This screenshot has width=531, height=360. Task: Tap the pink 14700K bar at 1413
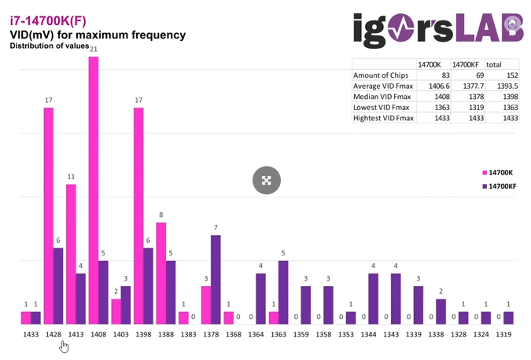point(71,254)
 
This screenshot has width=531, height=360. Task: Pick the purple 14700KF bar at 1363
point(283,292)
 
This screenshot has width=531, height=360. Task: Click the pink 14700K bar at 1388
point(161,273)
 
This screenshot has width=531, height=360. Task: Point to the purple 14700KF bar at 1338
point(441,311)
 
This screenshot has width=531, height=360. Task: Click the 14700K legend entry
point(498,172)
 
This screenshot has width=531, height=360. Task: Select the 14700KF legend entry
point(500,186)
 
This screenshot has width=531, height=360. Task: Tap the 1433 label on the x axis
point(31,335)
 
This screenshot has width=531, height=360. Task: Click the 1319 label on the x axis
point(503,335)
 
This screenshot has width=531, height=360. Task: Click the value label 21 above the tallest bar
point(94,50)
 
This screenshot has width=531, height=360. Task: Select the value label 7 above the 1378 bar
point(216,228)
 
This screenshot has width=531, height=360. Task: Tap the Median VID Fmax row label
point(383,97)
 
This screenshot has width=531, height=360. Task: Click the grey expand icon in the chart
point(267,180)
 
